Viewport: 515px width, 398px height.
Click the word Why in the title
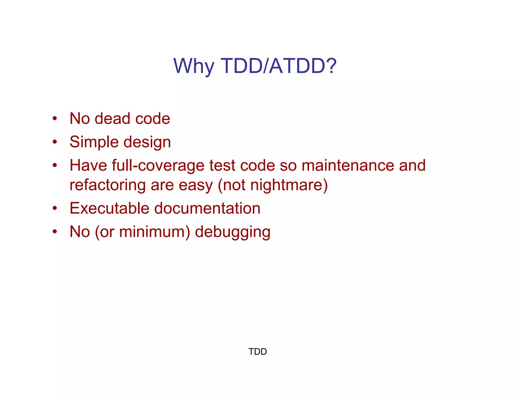(194, 66)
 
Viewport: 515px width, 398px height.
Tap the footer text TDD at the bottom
(257, 351)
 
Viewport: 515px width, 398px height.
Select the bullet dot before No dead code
(55, 118)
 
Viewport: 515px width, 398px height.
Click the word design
(147, 142)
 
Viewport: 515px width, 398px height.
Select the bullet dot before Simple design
(55, 142)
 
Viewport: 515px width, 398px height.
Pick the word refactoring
(107, 185)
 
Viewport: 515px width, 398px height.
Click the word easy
(196, 185)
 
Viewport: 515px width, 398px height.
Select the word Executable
(109, 208)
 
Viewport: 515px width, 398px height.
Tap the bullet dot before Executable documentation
(55, 208)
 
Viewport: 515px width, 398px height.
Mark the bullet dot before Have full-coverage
(55, 165)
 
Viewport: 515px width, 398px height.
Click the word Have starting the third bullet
(88, 166)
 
